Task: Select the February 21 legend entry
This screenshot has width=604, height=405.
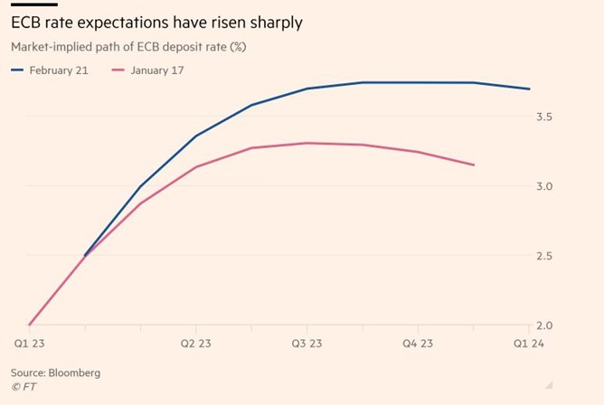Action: (x=52, y=69)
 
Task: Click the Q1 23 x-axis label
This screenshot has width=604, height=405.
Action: (x=29, y=344)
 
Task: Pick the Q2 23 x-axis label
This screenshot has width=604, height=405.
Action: (x=196, y=344)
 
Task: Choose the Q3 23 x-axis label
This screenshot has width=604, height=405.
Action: (x=307, y=344)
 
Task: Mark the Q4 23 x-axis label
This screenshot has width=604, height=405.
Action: (x=419, y=344)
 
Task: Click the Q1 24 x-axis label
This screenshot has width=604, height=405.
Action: (x=529, y=344)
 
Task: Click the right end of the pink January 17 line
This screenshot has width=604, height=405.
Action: (x=474, y=165)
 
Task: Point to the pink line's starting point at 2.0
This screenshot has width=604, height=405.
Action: (x=30, y=325)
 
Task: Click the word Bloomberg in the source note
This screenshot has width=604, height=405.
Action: (x=75, y=372)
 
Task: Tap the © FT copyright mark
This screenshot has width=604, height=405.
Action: (x=24, y=388)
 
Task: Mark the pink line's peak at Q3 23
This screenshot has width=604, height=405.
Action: (x=307, y=143)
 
